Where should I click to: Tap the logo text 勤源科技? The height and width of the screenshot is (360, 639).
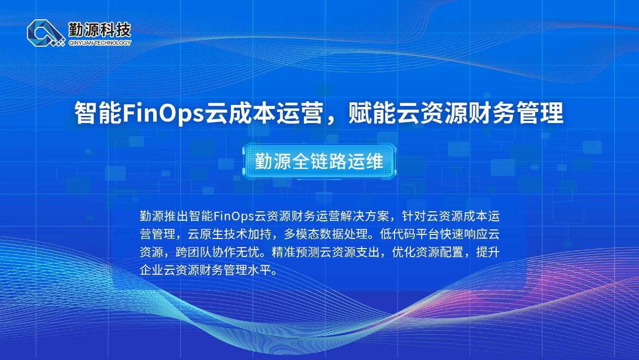100,30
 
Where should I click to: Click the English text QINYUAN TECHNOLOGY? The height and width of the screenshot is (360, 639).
100,43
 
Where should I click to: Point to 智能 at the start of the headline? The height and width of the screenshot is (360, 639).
98,113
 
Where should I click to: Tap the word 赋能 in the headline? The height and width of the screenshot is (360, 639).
372,113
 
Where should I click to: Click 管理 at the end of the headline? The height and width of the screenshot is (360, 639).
540,113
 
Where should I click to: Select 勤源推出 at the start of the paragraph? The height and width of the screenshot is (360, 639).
164,216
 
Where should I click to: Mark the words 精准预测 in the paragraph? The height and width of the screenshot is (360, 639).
295,253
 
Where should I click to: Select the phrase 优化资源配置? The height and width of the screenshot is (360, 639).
428,253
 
